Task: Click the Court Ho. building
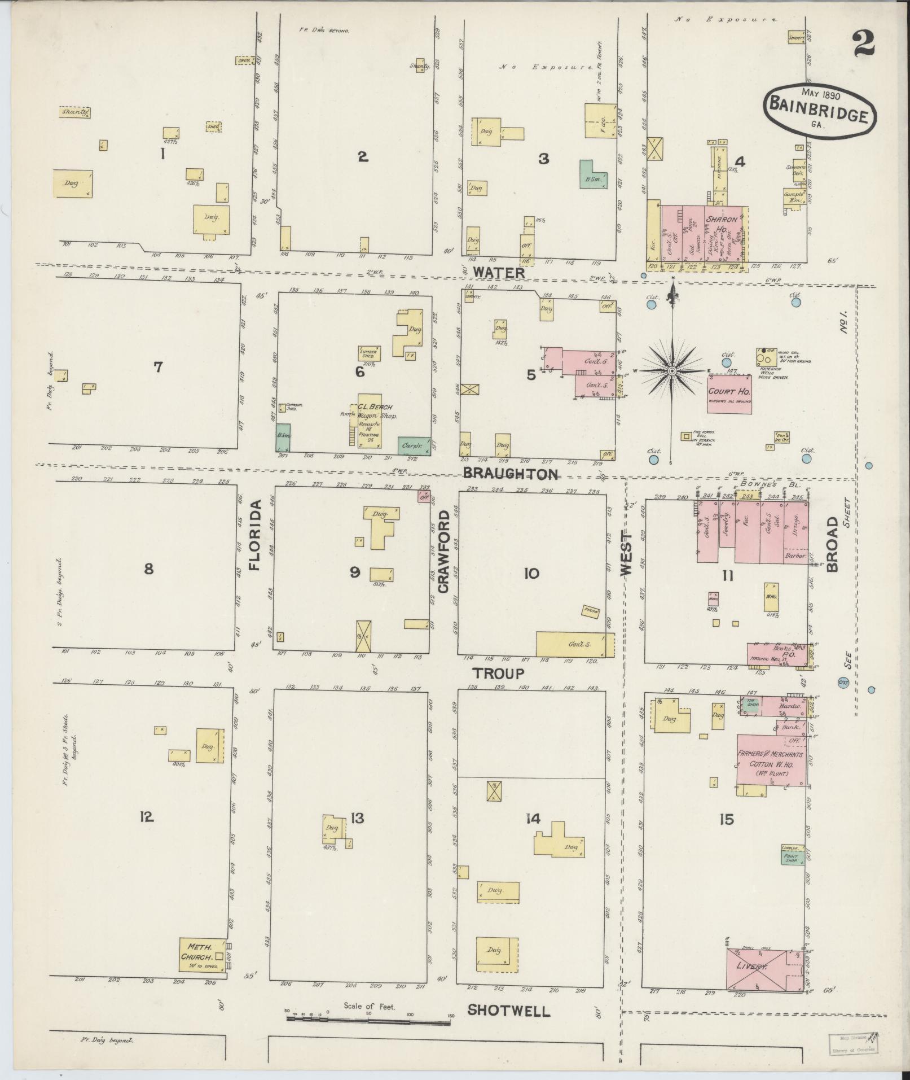tap(729, 393)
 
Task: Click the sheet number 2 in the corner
tap(863, 43)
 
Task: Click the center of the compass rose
tap(672, 371)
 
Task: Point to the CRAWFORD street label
tap(444, 551)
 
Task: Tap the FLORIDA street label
tap(256, 534)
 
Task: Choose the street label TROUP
tap(498, 673)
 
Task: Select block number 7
tap(158, 367)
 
